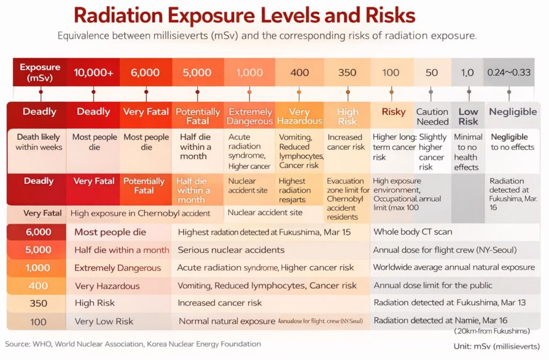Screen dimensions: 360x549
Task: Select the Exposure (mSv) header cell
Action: pos(40,72)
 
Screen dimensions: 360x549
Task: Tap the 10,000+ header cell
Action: pos(93,73)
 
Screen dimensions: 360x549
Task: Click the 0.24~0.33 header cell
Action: pos(509,72)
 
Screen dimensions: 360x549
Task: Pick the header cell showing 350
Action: pos(347,73)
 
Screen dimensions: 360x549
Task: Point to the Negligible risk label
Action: pos(513,112)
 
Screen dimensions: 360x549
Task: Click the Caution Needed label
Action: pos(432,117)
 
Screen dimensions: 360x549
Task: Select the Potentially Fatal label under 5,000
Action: pos(197,117)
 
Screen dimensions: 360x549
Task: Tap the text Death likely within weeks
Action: pos(39,142)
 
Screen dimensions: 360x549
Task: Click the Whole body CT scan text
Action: pos(412,232)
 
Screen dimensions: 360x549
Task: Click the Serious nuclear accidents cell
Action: pos(231,250)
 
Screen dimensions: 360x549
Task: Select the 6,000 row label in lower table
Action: pos(38,232)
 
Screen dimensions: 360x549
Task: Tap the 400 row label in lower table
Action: pos(38,286)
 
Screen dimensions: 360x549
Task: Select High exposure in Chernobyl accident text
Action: pos(140,213)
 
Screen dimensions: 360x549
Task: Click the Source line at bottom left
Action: pos(133,344)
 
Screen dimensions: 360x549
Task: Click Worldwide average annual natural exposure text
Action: pos(454,267)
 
